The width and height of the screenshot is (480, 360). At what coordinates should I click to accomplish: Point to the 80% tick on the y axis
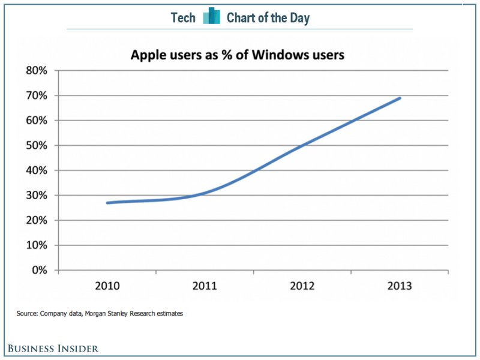click(x=36, y=71)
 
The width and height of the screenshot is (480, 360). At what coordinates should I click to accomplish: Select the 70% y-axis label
click(x=36, y=95)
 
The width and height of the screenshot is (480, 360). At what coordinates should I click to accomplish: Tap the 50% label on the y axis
click(x=36, y=145)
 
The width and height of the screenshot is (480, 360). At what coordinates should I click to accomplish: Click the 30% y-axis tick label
click(x=36, y=196)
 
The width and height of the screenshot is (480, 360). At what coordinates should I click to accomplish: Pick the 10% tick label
click(x=36, y=245)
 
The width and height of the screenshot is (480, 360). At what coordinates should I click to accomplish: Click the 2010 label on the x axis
click(x=108, y=286)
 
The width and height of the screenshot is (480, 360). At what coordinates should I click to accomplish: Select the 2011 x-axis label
click(x=205, y=286)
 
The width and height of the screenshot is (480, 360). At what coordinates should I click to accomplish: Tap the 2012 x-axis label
click(x=302, y=286)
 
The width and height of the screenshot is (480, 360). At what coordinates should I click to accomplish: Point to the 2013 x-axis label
click(x=400, y=286)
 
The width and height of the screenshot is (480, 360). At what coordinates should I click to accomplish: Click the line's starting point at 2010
click(x=107, y=203)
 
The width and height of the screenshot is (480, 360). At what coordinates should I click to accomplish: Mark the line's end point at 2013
click(x=400, y=98)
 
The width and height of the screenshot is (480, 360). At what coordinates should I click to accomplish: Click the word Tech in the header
click(x=183, y=18)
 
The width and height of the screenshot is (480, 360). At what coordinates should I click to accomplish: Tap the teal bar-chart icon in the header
click(x=211, y=17)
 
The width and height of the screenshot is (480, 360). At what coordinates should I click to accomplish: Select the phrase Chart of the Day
click(x=268, y=18)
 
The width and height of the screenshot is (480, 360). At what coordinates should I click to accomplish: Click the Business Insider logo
click(x=53, y=348)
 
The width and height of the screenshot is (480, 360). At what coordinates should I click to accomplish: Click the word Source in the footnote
click(x=26, y=313)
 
